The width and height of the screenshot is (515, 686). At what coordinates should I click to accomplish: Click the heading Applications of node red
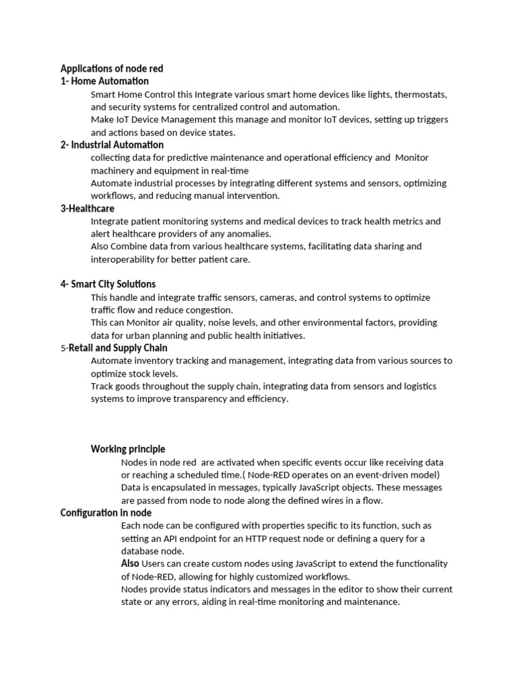pos(111,68)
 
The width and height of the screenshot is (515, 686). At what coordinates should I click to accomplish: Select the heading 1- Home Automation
pos(105,81)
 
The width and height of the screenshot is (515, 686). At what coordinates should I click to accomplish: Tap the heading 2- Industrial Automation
pos(112,145)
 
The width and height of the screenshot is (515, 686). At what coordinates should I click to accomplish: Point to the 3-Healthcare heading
pos(87,208)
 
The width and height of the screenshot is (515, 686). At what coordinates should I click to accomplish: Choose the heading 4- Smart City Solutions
pos(108,284)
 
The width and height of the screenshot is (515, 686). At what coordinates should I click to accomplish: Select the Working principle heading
pos(128,449)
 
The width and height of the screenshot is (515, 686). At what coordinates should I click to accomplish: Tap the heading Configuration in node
pos(106,512)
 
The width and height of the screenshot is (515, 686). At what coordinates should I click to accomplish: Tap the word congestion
pos(209,310)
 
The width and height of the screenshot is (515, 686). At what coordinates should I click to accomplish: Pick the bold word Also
pos(130,563)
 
